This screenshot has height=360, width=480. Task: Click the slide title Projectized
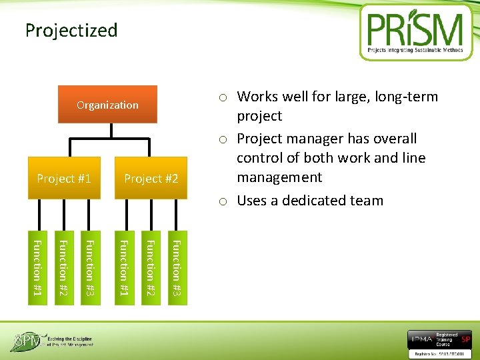(71, 31)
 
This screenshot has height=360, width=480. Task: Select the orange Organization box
(107, 105)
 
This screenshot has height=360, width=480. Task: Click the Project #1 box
(64, 178)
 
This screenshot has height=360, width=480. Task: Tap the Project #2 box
(151, 178)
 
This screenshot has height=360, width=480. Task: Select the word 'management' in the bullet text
(279, 177)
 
